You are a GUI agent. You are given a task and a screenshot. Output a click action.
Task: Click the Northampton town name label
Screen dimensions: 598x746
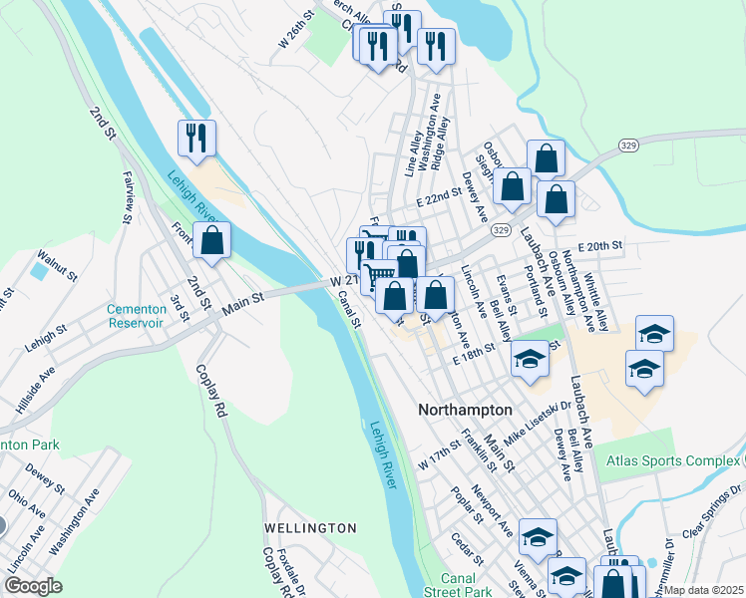click(x=465, y=410)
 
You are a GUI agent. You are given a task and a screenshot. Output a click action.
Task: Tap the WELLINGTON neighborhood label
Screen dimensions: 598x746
click(x=310, y=527)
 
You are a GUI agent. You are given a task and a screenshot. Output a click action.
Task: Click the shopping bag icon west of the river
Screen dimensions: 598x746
click(x=211, y=239)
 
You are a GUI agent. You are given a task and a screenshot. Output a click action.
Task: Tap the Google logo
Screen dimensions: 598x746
click(x=33, y=586)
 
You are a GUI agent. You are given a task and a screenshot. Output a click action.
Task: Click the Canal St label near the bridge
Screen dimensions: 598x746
click(x=348, y=307)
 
